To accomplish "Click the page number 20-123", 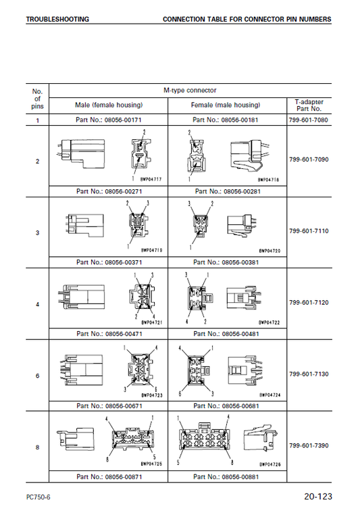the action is coord(318,497).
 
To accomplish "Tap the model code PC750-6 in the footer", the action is coord(38,497).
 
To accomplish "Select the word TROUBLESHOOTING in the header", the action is coord(57,20).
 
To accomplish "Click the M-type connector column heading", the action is coord(190,91).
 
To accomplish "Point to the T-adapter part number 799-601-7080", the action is coord(309,120).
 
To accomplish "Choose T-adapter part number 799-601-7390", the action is coord(309,445).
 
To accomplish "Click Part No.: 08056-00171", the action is coord(109,120).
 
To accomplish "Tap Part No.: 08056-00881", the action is coord(226,477).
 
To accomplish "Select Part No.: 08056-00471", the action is coord(109,334).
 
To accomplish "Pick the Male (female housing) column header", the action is coord(109,105).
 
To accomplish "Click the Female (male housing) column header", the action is coord(226,105).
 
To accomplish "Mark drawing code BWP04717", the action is coord(151,179).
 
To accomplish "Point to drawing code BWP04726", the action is coord(270,464).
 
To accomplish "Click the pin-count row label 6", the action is coord(37,376).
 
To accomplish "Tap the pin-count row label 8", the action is coord(37,447).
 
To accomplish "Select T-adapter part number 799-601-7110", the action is coord(309,231).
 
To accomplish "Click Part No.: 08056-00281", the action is coord(228,191).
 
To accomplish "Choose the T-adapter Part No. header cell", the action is coord(309,105).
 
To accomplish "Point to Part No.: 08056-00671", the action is coord(109,406).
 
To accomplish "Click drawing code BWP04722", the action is coord(269,322).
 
